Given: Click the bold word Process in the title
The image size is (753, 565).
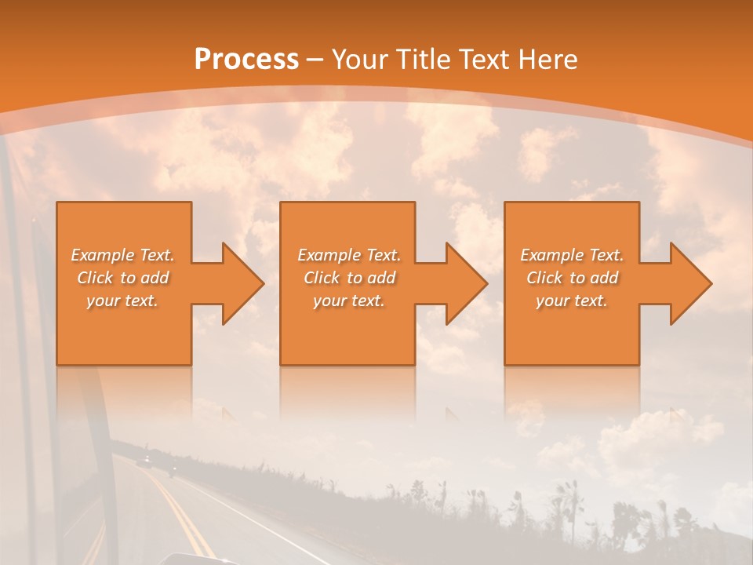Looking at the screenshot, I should (x=246, y=60).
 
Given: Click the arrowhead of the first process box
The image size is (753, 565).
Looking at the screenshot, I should (x=242, y=283).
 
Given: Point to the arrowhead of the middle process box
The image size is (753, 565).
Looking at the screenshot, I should (x=466, y=283).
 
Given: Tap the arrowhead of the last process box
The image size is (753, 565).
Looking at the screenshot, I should (x=690, y=283).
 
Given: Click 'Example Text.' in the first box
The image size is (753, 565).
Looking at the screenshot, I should (x=122, y=255).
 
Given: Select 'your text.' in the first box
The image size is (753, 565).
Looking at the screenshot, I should (x=122, y=301).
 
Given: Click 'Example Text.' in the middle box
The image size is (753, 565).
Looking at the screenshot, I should (x=349, y=255).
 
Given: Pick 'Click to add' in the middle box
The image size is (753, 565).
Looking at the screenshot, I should (x=349, y=278).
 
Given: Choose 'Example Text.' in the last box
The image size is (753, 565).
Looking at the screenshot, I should (x=572, y=255).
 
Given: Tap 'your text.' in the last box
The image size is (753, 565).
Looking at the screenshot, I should (x=572, y=301).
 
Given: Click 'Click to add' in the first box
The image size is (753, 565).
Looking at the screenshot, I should (x=122, y=278).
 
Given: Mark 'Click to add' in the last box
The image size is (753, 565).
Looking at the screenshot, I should (x=572, y=278).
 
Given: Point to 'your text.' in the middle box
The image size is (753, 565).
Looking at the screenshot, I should (x=349, y=301).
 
